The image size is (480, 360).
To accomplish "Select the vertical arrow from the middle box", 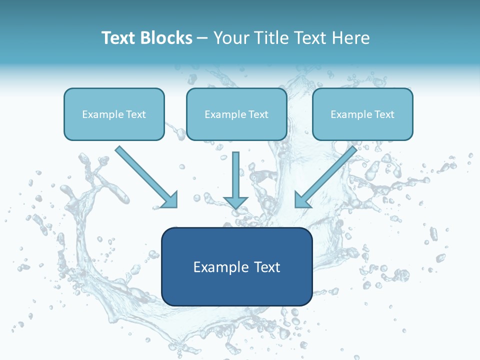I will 235,175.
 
